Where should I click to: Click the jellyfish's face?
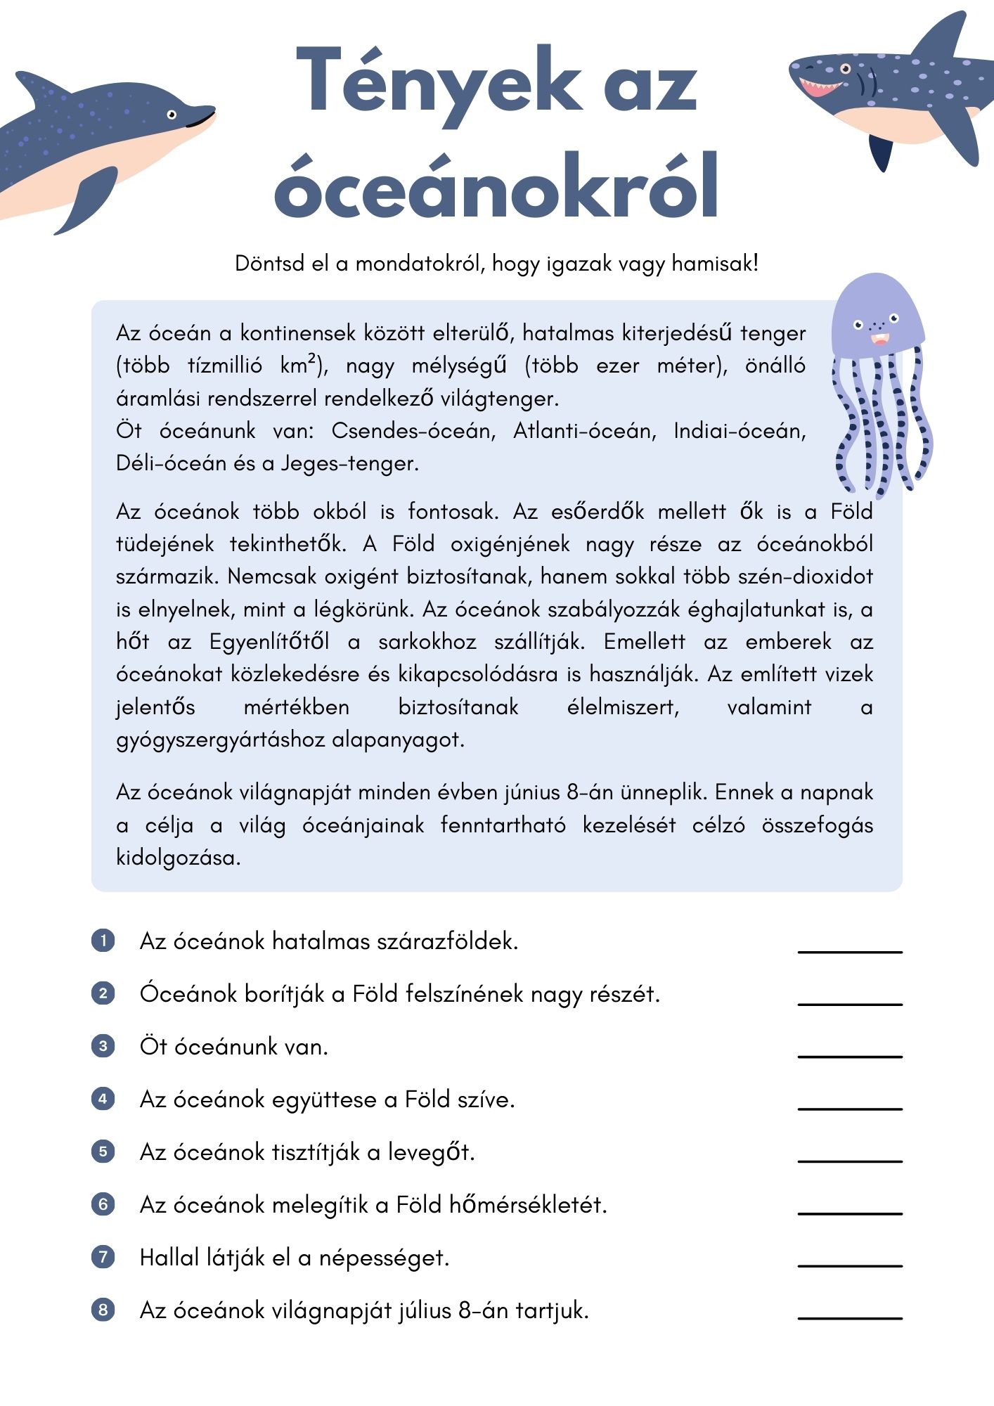[877, 330]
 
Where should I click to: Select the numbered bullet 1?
[103, 941]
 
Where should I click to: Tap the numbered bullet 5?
[103, 1152]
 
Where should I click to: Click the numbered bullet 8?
[103, 1310]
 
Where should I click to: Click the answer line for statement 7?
[849, 1265]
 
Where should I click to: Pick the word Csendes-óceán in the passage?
[413, 430]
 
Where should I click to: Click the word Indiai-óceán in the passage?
[738, 430]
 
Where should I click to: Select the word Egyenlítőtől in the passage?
[269, 642]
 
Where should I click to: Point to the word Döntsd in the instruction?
[269, 264]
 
